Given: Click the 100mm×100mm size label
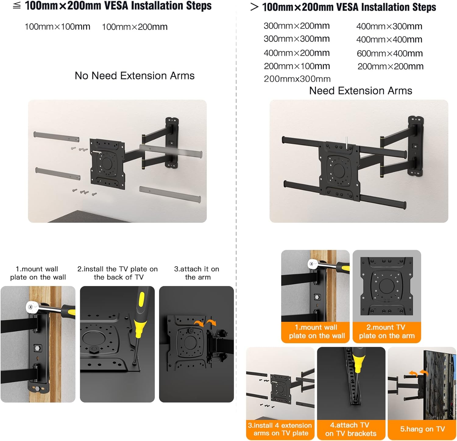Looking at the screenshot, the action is click(57, 27).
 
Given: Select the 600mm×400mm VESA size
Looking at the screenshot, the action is click(390, 54).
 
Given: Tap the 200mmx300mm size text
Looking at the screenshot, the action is click(297, 79).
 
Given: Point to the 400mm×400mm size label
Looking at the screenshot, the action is click(389, 40).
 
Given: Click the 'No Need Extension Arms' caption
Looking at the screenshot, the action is click(135, 76).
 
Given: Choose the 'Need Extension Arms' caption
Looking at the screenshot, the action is click(361, 90).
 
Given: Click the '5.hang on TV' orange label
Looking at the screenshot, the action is click(422, 429).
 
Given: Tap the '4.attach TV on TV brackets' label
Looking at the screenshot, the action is click(351, 429).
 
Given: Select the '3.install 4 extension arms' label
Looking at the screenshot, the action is click(280, 429).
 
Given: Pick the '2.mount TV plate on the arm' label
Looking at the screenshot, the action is click(387, 332).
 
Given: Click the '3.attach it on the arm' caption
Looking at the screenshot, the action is click(197, 273).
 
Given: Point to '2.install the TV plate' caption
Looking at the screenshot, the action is click(118, 273).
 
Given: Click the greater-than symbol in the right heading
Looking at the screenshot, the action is click(254, 7).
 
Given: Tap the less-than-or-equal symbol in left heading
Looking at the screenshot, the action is click(17, 5).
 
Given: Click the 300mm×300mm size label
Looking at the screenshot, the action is click(297, 39).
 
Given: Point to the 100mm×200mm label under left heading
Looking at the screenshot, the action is click(135, 27).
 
